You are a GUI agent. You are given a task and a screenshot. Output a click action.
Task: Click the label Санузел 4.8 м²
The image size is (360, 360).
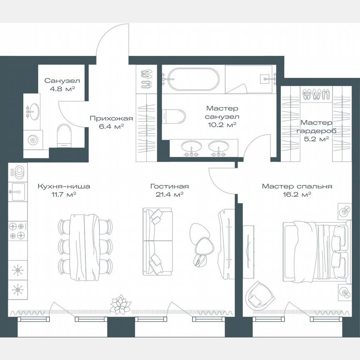(x=62, y=84)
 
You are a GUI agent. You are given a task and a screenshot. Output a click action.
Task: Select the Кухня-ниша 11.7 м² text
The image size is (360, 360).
(x=63, y=190)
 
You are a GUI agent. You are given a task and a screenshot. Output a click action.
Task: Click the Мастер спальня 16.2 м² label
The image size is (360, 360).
(x=297, y=190)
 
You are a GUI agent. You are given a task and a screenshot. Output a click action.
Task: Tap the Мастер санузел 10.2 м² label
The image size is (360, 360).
(x=222, y=116)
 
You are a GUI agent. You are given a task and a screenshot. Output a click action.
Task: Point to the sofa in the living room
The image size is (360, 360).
(x=157, y=241)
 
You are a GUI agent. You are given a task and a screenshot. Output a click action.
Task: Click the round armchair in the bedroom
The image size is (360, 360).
(x=259, y=295)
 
